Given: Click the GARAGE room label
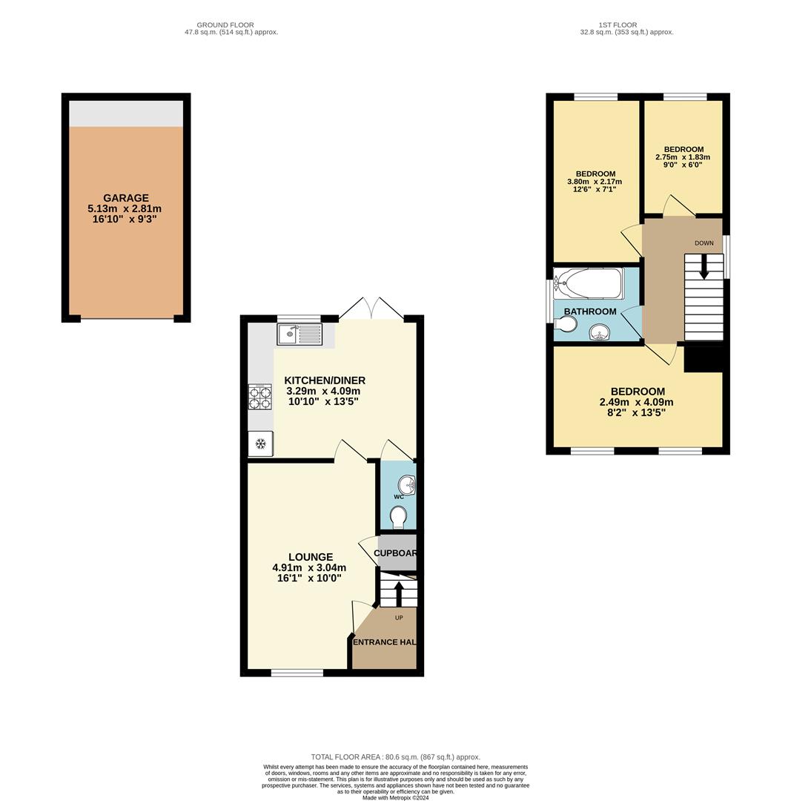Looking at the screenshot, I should [126, 198].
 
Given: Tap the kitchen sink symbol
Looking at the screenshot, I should [299, 334].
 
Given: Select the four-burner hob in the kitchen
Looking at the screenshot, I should [259, 397].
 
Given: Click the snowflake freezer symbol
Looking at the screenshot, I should [260, 444].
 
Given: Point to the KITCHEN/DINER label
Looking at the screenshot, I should [325, 380].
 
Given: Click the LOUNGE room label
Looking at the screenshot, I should [311, 557].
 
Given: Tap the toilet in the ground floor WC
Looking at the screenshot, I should [399, 516].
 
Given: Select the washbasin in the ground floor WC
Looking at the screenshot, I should [407, 486].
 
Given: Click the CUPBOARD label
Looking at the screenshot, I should [396, 553].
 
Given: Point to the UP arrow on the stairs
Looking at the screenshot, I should [399, 593].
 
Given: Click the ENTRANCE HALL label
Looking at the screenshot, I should [384, 642].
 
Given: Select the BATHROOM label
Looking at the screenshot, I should [590, 311].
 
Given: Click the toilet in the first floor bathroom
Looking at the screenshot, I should [566, 324].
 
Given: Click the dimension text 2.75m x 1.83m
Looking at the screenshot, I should [683, 157].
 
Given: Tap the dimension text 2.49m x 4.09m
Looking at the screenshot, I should [638, 402].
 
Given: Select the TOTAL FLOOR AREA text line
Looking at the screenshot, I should [395, 757].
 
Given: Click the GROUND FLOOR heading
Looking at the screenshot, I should [225, 25].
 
